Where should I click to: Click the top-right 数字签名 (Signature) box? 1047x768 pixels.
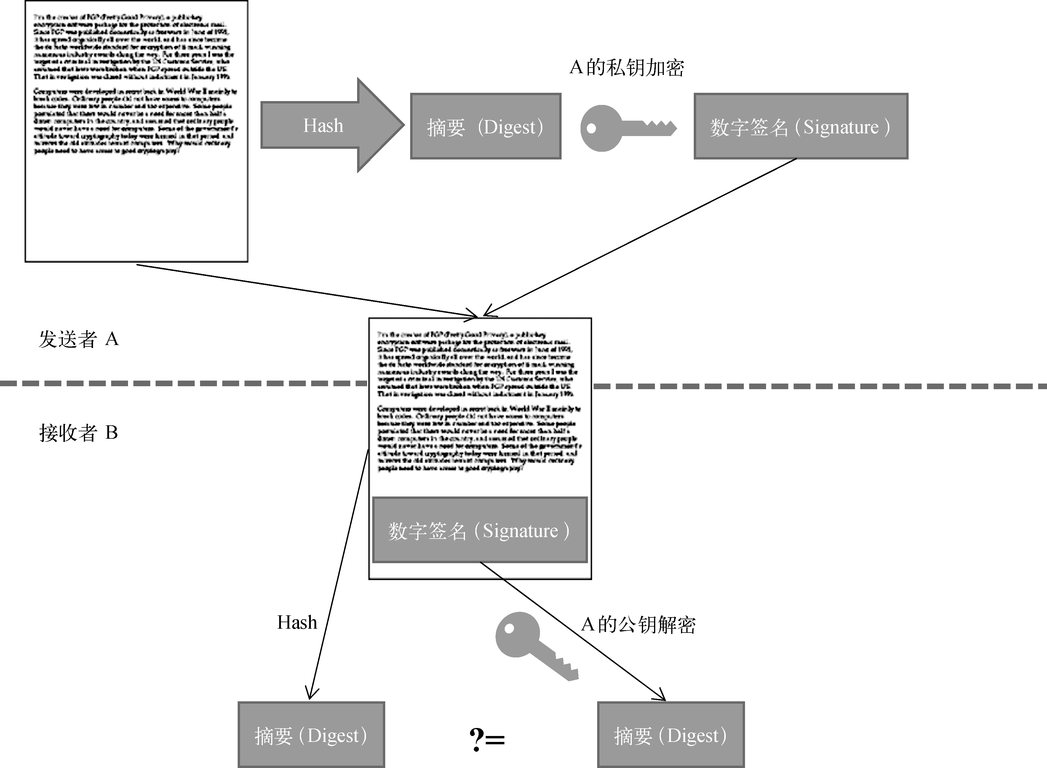(x=800, y=127)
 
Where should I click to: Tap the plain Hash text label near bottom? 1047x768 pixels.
(x=297, y=622)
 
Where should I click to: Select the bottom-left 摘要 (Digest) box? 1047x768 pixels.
(x=311, y=735)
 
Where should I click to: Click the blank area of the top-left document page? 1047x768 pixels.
(x=136, y=209)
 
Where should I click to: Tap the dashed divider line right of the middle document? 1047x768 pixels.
(x=818, y=386)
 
